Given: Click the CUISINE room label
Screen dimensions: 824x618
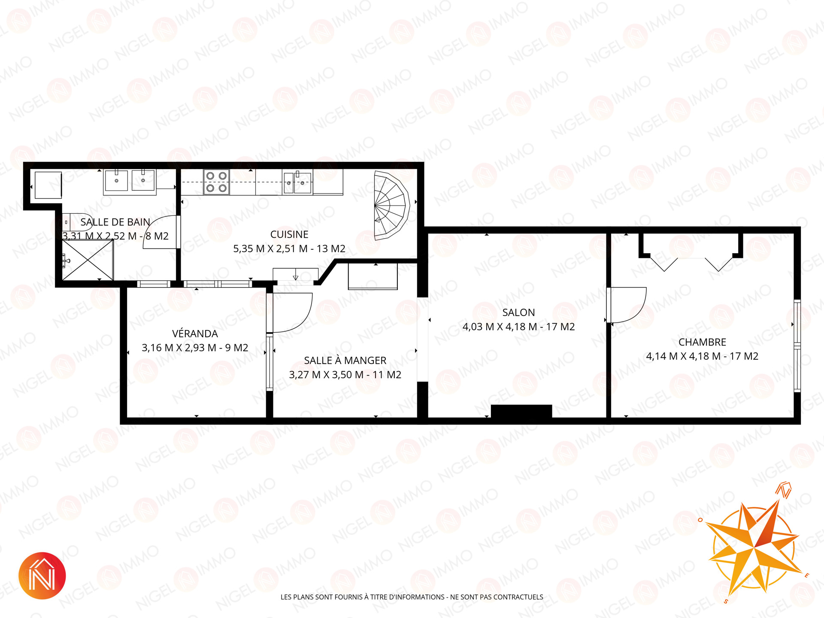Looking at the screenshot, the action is [289, 234].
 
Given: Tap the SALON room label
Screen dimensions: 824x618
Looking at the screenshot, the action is [518, 312].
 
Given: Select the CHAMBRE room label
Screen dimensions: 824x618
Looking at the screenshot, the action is [702, 342].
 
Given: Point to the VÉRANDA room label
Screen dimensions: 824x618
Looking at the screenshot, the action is [195, 333].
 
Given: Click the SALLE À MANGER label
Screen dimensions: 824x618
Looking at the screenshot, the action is [345, 360].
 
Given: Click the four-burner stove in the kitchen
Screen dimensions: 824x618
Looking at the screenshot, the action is [216, 182].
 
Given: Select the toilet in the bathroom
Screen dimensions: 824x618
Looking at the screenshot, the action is [77, 222].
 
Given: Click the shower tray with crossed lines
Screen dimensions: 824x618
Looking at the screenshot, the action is [88, 260].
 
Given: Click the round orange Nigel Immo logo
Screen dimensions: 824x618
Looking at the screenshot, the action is [42, 576].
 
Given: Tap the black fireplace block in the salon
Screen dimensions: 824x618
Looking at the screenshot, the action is [521, 411].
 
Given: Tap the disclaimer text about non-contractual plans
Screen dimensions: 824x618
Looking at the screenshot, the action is [412, 597].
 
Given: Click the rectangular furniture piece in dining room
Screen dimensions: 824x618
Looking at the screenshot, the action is [373, 276].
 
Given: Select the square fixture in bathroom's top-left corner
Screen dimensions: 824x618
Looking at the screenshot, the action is [48, 185].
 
